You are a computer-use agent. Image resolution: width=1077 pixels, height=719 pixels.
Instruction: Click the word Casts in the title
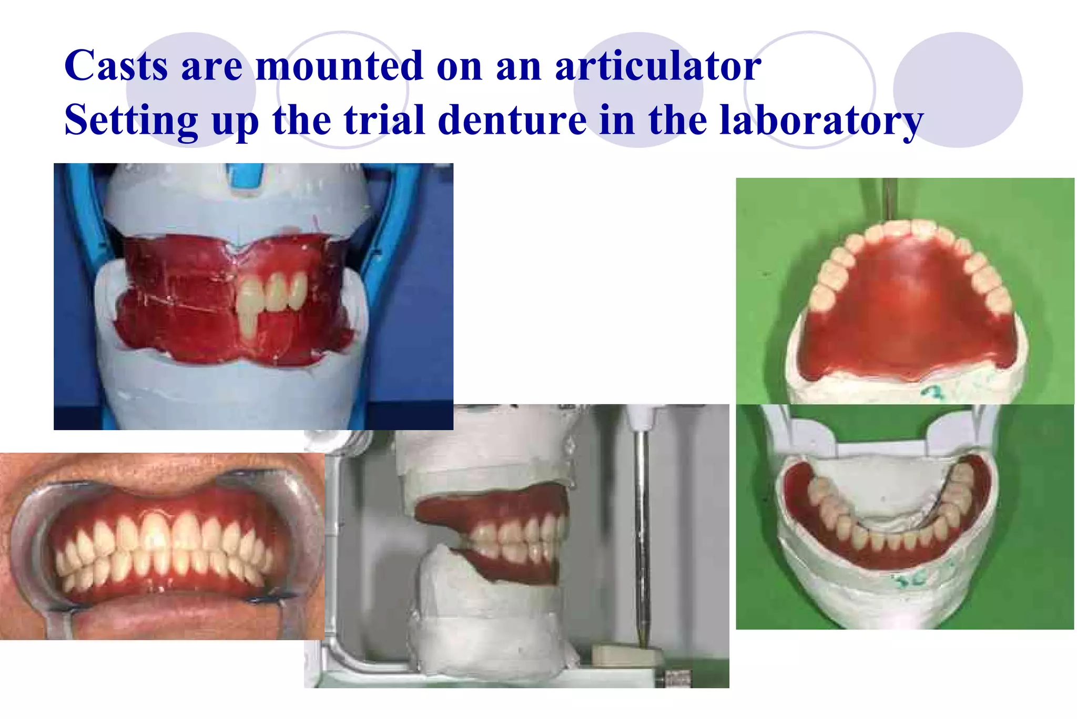pos(116,66)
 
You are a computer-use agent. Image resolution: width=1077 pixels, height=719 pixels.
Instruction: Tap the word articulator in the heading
pos(658,66)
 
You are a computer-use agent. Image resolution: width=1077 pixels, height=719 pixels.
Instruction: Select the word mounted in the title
pos(339,66)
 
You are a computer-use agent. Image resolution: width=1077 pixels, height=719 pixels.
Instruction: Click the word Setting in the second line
pos(131,121)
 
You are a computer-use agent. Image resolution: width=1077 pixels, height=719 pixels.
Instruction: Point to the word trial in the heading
pos(384,119)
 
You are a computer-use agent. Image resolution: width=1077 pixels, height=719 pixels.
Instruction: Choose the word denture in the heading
pos(512,119)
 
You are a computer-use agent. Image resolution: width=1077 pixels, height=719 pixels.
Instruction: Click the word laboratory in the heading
pos(820,121)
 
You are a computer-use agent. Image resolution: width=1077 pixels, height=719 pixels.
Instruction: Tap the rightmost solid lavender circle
pos(958,89)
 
